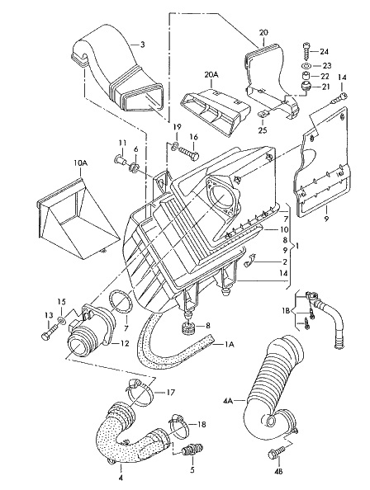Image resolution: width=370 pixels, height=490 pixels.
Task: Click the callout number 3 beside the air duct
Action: pyautogui.click(x=142, y=45)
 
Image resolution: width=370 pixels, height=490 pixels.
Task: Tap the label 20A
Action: pyautogui.click(x=211, y=75)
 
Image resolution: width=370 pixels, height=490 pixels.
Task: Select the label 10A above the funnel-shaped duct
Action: pyautogui.click(x=80, y=163)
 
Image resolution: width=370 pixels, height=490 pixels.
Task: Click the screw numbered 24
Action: pyautogui.click(x=306, y=50)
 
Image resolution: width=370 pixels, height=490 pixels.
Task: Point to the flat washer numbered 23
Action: pyautogui.click(x=306, y=66)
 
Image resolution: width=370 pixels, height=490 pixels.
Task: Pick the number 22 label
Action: pyautogui.click(x=325, y=76)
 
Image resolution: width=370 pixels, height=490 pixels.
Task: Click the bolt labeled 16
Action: pyautogui.click(x=189, y=153)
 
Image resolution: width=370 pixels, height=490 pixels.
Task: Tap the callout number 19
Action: pyautogui.click(x=177, y=127)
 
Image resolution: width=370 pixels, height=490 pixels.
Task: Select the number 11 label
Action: pyautogui.click(x=122, y=144)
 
